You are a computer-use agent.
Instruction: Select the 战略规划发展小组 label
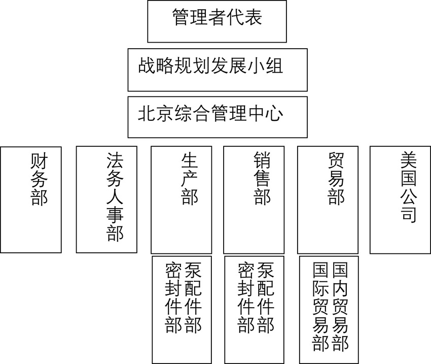click(210, 66)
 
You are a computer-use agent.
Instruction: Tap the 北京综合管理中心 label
click(210, 113)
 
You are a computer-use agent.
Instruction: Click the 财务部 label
click(39, 179)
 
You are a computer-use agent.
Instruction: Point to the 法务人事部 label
click(115, 197)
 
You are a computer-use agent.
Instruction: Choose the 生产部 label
click(190, 179)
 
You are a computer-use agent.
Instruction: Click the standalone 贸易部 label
click(336, 179)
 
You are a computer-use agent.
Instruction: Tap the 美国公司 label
click(408, 187)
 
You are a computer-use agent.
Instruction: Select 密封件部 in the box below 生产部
click(173, 297)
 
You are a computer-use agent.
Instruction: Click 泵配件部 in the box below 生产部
click(193, 297)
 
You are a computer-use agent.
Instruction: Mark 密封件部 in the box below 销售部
click(246, 297)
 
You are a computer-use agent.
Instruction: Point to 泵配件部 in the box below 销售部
click(266, 297)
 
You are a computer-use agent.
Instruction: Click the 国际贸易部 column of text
click(320, 306)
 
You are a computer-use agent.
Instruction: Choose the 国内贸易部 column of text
click(340, 306)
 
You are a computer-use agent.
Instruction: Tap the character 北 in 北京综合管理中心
click(146, 114)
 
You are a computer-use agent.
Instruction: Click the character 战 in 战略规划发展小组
click(146, 66)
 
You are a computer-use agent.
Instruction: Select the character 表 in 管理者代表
click(253, 17)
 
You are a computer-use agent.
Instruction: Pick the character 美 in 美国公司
click(408, 160)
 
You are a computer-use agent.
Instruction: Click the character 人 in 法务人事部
click(115, 197)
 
